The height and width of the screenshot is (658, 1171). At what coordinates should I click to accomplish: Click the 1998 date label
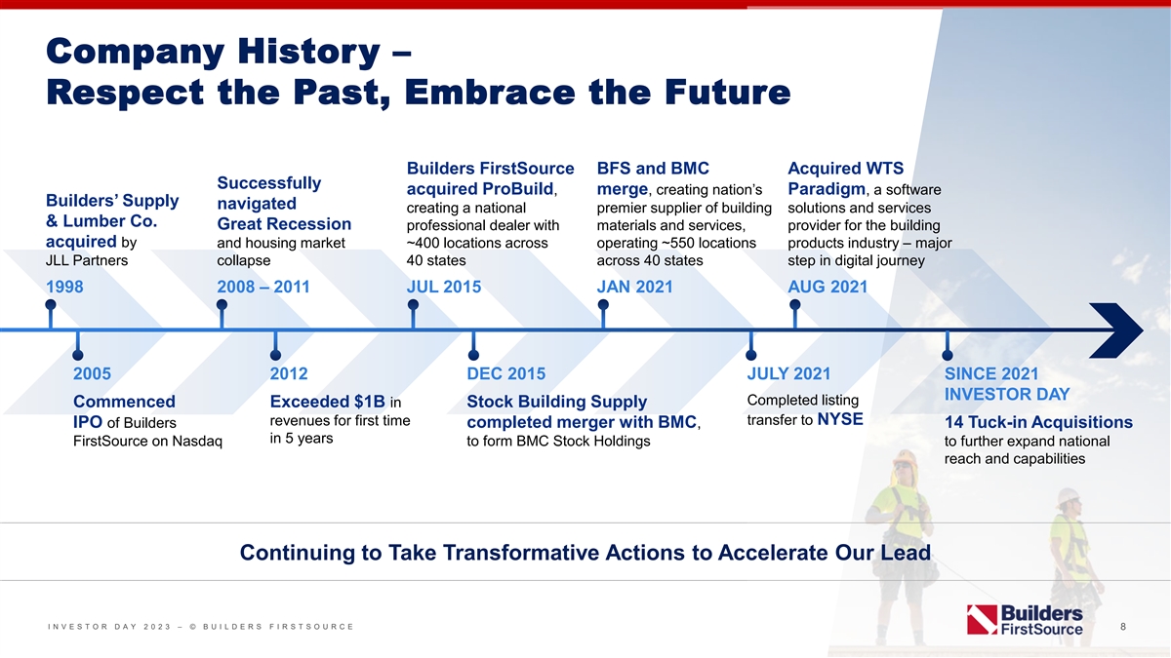coord(64,287)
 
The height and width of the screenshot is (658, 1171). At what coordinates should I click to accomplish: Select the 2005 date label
coord(92,374)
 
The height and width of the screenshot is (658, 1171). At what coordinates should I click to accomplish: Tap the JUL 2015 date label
coord(444,287)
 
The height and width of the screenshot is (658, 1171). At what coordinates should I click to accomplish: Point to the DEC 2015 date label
coord(506,374)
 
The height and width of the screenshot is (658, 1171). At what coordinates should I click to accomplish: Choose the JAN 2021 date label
coord(634,287)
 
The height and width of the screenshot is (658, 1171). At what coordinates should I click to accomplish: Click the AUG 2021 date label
coord(828,287)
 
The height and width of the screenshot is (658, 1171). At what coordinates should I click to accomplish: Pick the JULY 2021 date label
coord(788,374)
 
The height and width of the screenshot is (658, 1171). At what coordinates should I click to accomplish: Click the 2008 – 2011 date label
coord(263,287)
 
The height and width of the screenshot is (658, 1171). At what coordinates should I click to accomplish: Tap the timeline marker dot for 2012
coord(275,355)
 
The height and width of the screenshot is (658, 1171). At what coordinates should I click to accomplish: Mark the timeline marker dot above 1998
coord(51,304)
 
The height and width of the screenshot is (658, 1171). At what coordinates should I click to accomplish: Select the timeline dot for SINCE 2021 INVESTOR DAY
coord(948,355)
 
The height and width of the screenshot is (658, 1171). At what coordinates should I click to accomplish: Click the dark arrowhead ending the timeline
coord(1116,330)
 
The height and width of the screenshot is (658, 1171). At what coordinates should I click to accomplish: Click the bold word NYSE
coord(840,419)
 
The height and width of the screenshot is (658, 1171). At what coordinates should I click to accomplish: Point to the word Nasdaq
coord(197,442)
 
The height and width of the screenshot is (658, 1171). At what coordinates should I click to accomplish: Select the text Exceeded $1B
coord(327,402)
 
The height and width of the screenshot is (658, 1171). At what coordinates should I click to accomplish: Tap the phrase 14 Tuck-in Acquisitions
coord(1038,422)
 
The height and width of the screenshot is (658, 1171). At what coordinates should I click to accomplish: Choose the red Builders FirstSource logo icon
coord(983,620)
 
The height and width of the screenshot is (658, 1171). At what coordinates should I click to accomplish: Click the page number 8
coord(1123,626)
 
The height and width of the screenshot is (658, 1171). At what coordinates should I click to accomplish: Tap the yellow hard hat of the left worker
coord(904,458)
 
